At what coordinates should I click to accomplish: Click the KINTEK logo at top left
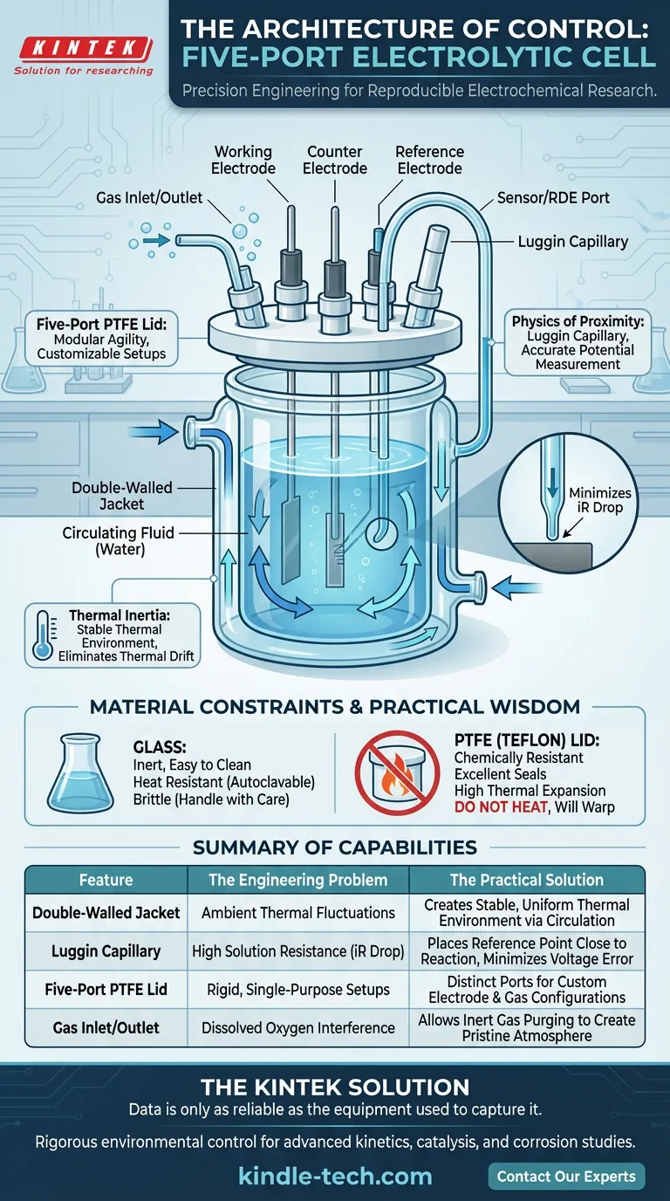pyautogui.click(x=84, y=55)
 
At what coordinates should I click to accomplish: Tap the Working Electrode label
pyautogui.click(x=243, y=160)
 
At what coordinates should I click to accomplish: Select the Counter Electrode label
pyautogui.click(x=335, y=160)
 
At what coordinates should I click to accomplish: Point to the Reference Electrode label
pyautogui.click(x=430, y=160)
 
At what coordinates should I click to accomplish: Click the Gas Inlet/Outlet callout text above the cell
pyautogui.click(x=149, y=198)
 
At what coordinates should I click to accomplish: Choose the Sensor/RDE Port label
pyautogui.click(x=553, y=198)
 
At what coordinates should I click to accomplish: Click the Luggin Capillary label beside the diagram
pyautogui.click(x=573, y=242)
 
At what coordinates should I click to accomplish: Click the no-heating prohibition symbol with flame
pyautogui.click(x=397, y=773)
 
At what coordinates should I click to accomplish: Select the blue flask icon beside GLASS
pyautogui.click(x=80, y=773)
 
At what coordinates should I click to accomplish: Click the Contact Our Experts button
pyautogui.click(x=566, y=1177)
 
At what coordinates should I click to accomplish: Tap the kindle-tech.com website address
pyautogui.click(x=335, y=1177)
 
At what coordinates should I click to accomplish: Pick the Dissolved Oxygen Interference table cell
pyautogui.click(x=298, y=1028)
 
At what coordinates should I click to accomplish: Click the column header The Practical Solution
pyautogui.click(x=527, y=880)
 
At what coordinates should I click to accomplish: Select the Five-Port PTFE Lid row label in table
pyautogui.click(x=106, y=989)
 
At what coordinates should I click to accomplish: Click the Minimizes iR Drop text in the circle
pyautogui.click(x=600, y=500)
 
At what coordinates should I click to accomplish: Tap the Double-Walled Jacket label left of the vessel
pyautogui.click(x=122, y=496)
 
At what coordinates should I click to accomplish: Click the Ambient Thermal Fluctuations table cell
pyautogui.click(x=298, y=913)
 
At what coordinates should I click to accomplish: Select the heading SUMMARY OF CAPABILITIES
pyautogui.click(x=335, y=848)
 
